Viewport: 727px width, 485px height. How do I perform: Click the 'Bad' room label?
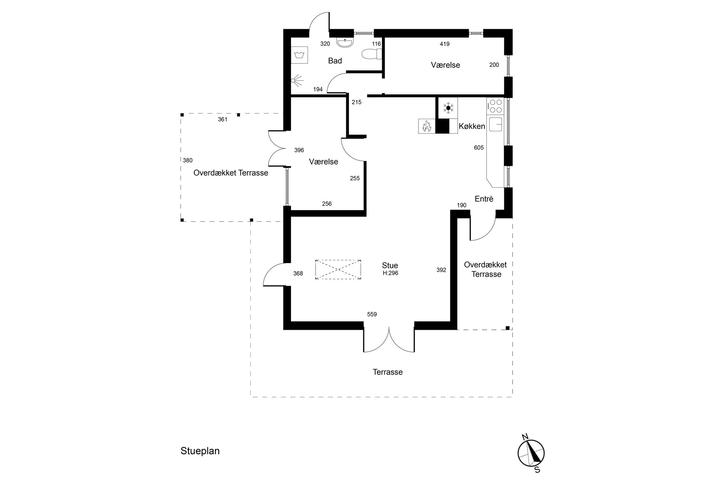point(335,61)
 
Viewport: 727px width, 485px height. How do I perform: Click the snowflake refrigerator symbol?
point(448,108)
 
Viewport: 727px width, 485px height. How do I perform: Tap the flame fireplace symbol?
point(427,126)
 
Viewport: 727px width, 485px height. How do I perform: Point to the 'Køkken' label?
point(472,126)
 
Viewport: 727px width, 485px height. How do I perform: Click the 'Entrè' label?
point(484,199)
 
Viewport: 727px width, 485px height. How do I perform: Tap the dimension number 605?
point(479,148)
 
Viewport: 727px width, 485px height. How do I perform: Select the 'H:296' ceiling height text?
point(390,273)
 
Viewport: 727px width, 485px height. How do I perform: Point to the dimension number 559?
point(372,314)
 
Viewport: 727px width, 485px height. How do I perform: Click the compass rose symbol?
point(531,453)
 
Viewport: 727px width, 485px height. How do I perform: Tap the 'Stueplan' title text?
point(200,451)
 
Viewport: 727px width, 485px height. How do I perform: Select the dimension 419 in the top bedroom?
point(444,44)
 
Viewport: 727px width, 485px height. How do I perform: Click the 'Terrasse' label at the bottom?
point(388,372)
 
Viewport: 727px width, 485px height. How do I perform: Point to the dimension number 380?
point(188,160)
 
